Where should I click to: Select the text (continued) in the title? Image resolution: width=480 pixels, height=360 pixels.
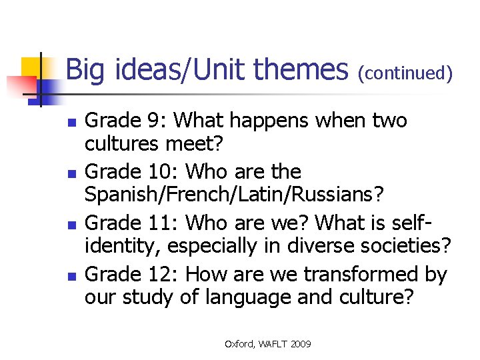click(x=405, y=73)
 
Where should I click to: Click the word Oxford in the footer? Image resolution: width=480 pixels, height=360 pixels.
click(x=239, y=344)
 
